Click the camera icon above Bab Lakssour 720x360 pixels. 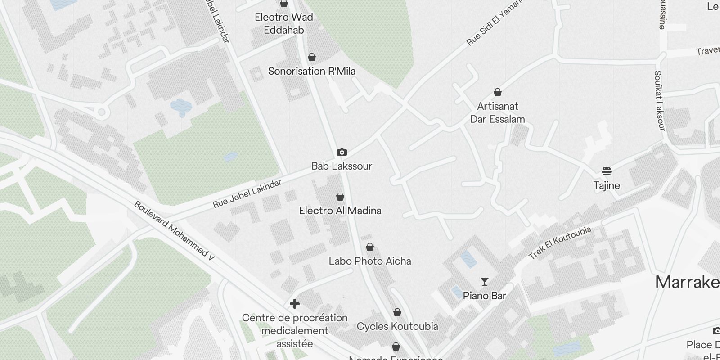pyautogui.click(x=342, y=153)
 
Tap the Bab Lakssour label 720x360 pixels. pyautogui.click(x=342, y=166)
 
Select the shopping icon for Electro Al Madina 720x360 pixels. pyautogui.click(x=340, y=197)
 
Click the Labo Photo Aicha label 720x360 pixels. pyautogui.click(x=370, y=261)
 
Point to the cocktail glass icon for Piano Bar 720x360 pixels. pyautogui.click(x=485, y=282)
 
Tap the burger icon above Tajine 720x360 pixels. pyautogui.click(x=607, y=171)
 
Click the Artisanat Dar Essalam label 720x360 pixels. pyautogui.click(x=498, y=113)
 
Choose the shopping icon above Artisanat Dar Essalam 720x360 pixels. pyautogui.click(x=498, y=93)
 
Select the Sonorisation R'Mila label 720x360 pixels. pyautogui.click(x=312, y=71)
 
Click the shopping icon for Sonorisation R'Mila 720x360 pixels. pyautogui.click(x=311, y=58)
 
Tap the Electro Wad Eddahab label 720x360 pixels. pyautogui.click(x=284, y=23)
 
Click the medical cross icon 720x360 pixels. pyautogui.click(x=295, y=304)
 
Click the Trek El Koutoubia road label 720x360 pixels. pyautogui.click(x=560, y=243)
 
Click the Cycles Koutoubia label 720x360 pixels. pyautogui.click(x=397, y=326)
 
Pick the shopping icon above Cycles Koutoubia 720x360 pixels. pyautogui.click(x=397, y=312)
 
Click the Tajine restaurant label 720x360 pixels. pyautogui.click(x=607, y=185)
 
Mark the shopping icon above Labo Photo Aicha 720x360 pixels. pyautogui.click(x=370, y=247)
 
